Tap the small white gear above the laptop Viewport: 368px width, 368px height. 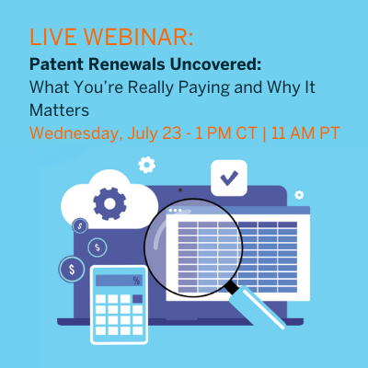pos(145,166)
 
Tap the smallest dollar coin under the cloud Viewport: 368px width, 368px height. pos(81,224)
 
